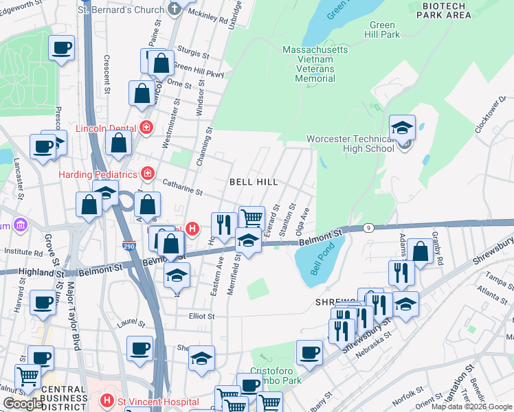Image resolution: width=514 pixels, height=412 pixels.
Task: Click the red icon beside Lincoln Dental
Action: tap(146, 126)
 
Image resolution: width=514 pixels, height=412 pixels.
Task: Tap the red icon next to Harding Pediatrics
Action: tap(146, 172)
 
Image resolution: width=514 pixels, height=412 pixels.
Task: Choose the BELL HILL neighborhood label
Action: tap(254, 182)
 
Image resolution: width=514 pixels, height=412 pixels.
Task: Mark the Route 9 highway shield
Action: tap(369, 227)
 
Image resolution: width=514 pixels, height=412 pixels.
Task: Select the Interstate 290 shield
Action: tap(129, 245)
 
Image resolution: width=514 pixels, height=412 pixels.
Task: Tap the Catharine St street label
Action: tap(182, 185)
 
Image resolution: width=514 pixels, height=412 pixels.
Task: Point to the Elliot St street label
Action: tap(202, 317)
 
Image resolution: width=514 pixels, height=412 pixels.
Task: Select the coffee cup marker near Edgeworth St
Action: tap(62, 48)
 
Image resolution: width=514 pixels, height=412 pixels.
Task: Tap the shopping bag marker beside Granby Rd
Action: tap(420, 251)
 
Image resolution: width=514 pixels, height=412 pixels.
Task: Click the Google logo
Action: tap(23, 404)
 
